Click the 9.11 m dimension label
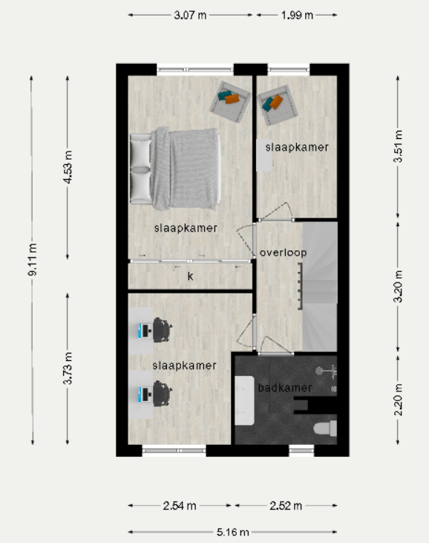pos(32,259)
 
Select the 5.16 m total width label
pos(233,532)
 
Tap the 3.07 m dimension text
pos(190,16)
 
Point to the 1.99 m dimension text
pos(297,16)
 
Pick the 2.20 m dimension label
pos(399,400)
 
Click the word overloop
pos(283,253)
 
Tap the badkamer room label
pos(285,388)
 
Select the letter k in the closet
pos(190,276)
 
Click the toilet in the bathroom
pos(325,429)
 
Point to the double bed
pos(175,169)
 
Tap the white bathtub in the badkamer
pos(245,400)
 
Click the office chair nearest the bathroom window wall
pos(163,394)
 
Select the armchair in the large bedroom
pos(230,102)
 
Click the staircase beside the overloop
pos(320,287)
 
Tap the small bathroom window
pos(301,450)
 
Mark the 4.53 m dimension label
pos(68,167)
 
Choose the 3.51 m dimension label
pos(399,146)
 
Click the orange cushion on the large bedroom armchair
pos(232,99)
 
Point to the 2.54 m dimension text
pos(180,506)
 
